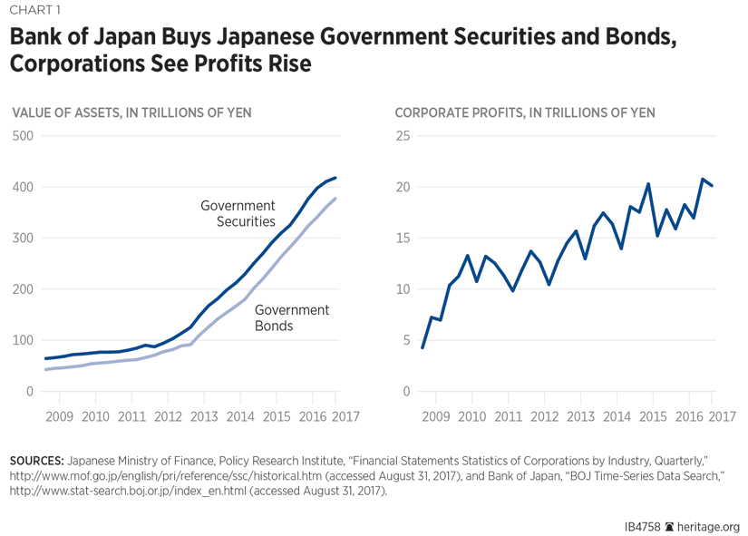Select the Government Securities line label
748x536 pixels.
coord(238,213)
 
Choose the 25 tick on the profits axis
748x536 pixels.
coord(403,136)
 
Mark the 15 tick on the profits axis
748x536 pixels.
coord(403,239)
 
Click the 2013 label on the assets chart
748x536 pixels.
coord(204,416)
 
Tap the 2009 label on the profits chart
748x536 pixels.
coord(436,416)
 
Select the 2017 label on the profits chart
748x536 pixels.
coord(722,416)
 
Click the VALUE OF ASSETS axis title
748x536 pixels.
coord(131,112)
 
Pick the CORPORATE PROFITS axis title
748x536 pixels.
coord(525,112)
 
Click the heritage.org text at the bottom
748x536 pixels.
coord(709,527)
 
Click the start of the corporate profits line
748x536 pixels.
coord(423,347)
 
